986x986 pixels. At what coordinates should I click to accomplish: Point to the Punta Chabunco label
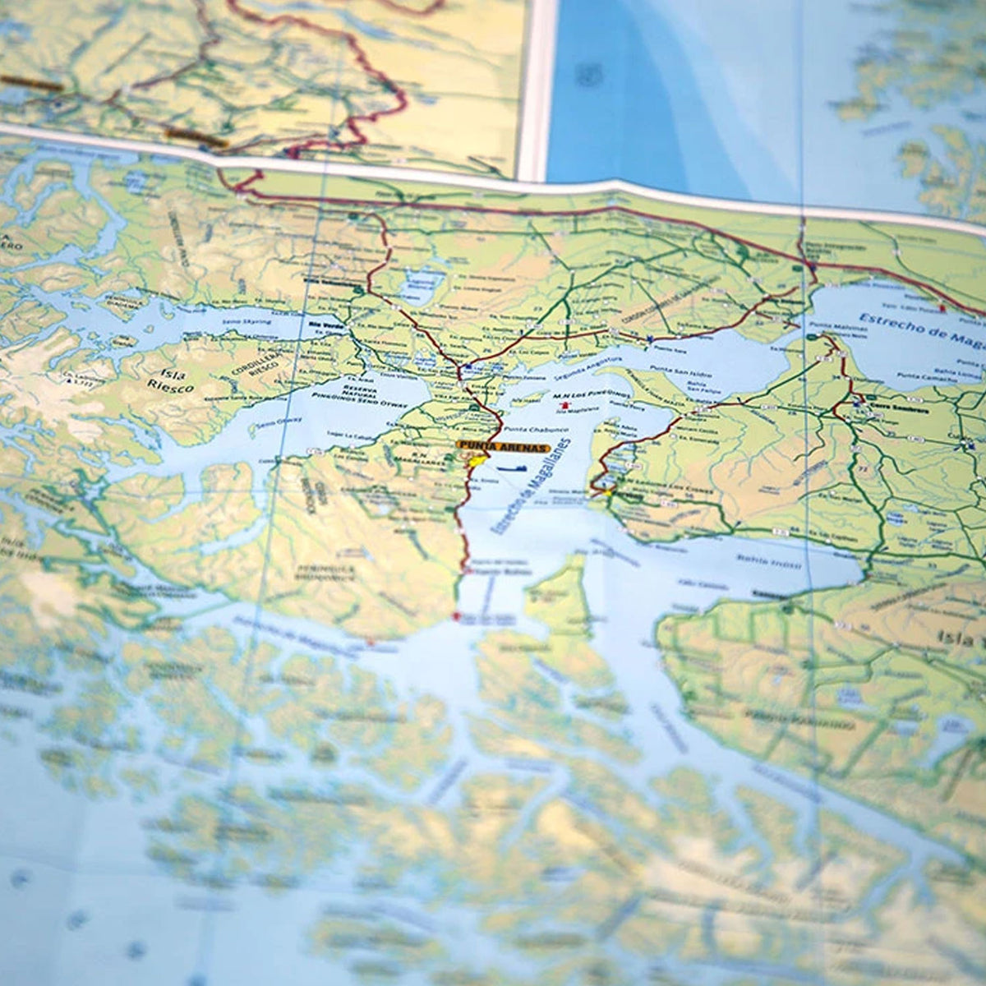pyautogui.click(x=526, y=430)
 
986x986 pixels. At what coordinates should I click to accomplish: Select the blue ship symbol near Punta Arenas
pyautogui.click(x=511, y=468)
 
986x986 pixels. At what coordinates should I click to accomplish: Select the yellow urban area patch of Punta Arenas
pyautogui.click(x=475, y=463)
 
